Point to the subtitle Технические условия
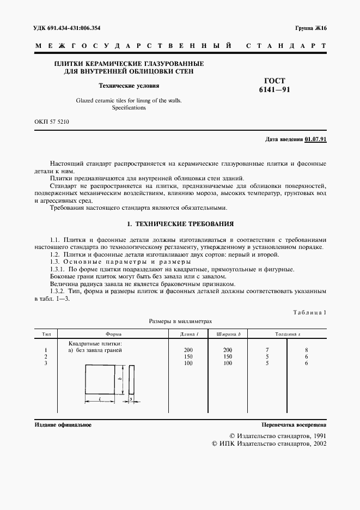click(129, 86)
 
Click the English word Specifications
click(129, 108)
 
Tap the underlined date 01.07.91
click(315, 140)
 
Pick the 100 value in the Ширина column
click(227, 363)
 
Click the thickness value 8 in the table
click(307, 350)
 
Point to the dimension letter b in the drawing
click(119, 378)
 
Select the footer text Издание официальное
click(63, 424)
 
